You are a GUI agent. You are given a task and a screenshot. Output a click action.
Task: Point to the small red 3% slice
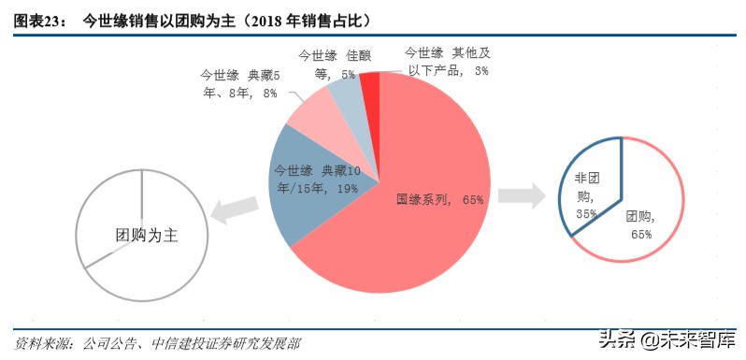(x=369, y=84)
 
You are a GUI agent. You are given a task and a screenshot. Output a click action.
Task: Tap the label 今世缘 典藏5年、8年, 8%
(x=239, y=83)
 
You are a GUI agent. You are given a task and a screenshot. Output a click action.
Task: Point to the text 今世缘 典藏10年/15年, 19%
(x=318, y=179)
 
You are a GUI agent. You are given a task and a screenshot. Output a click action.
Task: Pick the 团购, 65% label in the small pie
(x=640, y=223)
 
